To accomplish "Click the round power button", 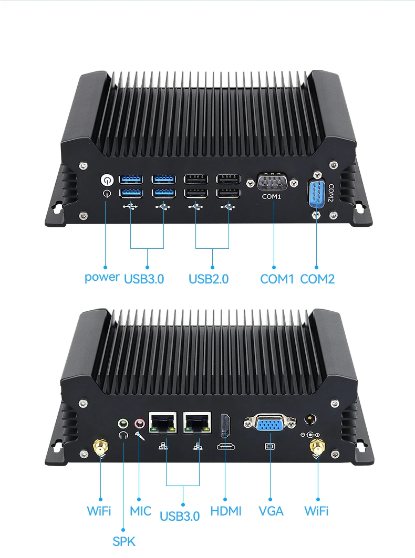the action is click(x=107, y=180).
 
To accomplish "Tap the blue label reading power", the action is click(x=102, y=277).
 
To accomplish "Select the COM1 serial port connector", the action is click(x=272, y=183).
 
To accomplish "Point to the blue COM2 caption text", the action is click(x=317, y=279).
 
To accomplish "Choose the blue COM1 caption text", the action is click(x=277, y=279).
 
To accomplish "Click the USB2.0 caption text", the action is click(x=209, y=279).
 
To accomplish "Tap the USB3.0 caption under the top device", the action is click(x=144, y=279).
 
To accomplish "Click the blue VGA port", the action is click(x=269, y=424).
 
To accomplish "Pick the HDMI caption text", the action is click(x=226, y=511).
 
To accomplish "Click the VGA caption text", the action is click(x=271, y=511).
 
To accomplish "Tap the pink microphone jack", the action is click(x=139, y=422).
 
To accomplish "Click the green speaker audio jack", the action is click(x=123, y=422).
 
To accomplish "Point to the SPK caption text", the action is click(x=124, y=541).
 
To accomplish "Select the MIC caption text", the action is click(x=140, y=511).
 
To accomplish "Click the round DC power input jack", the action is click(x=311, y=420).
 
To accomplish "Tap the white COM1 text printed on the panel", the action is click(x=272, y=197).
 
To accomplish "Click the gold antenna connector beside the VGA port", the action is click(x=316, y=447).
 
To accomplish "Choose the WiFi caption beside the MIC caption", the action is click(x=99, y=511).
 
